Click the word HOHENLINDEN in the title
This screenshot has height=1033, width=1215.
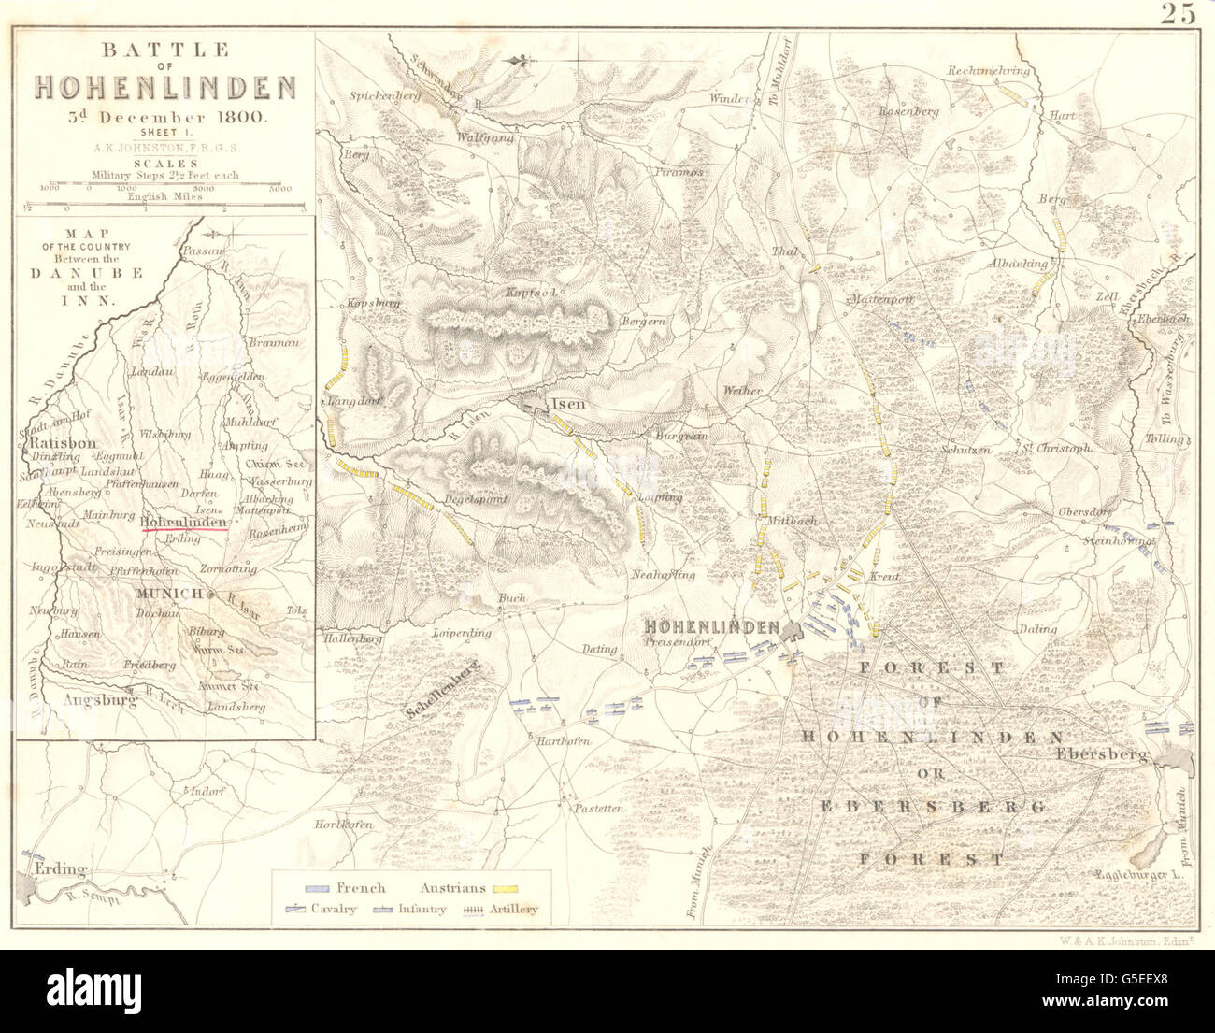(x=165, y=87)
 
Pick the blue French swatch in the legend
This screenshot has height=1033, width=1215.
(x=317, y=886)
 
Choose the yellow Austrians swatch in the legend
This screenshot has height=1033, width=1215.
(x=506, y=886)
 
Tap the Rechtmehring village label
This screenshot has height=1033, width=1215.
(x=988, y=70)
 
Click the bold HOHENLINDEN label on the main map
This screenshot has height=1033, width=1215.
(x=710, y=626)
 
